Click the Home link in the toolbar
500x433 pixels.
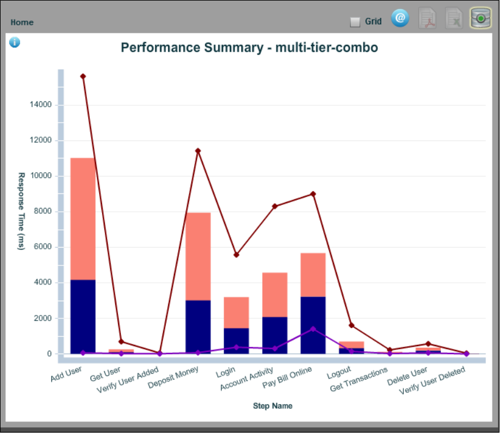[x=22, y=22]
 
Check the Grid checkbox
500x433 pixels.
[x=355, y=22]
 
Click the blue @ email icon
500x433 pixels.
[x=400, y=18]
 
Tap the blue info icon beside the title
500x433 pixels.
[x=14, y=42]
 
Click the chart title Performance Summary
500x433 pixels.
[x=249, y=47]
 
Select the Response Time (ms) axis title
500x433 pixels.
[x=21, y=211]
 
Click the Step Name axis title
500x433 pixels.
[x=272, y=406]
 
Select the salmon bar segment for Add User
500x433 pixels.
[x=83, y=219]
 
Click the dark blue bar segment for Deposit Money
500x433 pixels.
[x=198, y=326]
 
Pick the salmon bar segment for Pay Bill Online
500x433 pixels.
[x=313, y=275]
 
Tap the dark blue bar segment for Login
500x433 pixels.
[x=236, y=340]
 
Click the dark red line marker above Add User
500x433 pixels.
[x=83, y=76]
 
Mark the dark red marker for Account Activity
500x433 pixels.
[x=275, y=206]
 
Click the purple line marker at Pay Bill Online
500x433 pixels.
[x=313, y=329]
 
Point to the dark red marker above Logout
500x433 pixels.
[x=351, y=325]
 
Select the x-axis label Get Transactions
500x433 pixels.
[x=359, y=380]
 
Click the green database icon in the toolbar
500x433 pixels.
[x=480, y=19]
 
